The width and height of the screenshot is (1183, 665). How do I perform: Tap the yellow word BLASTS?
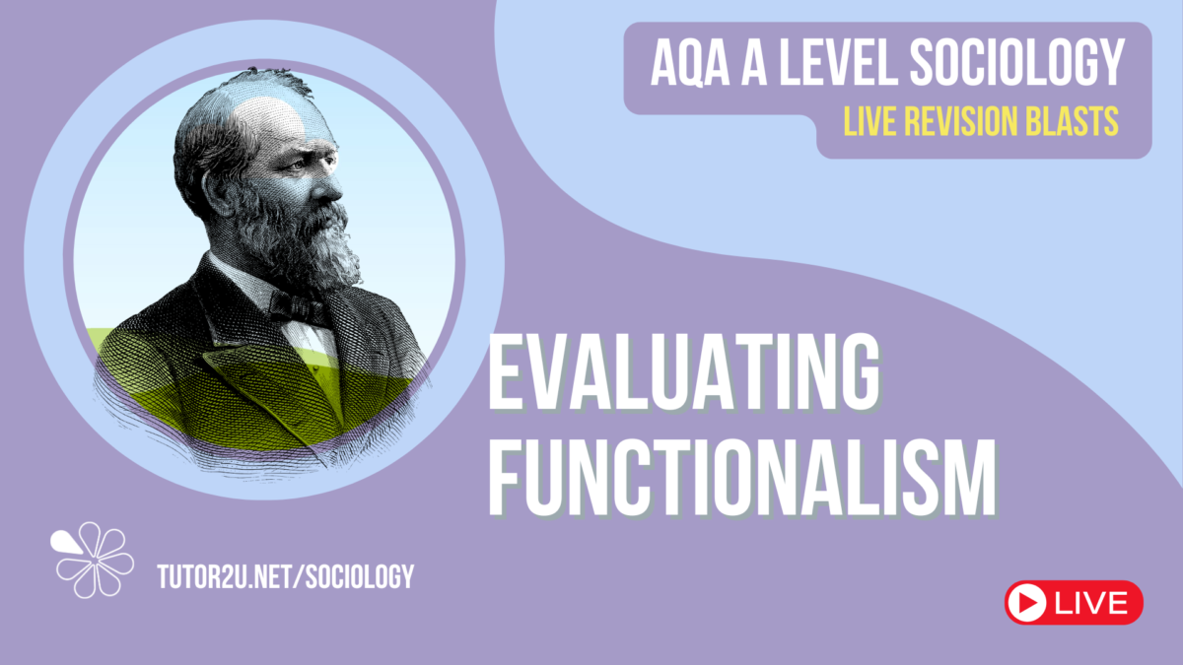[x=1076, y=121]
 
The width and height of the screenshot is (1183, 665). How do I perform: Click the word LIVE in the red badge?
[x=1091, y=602]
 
